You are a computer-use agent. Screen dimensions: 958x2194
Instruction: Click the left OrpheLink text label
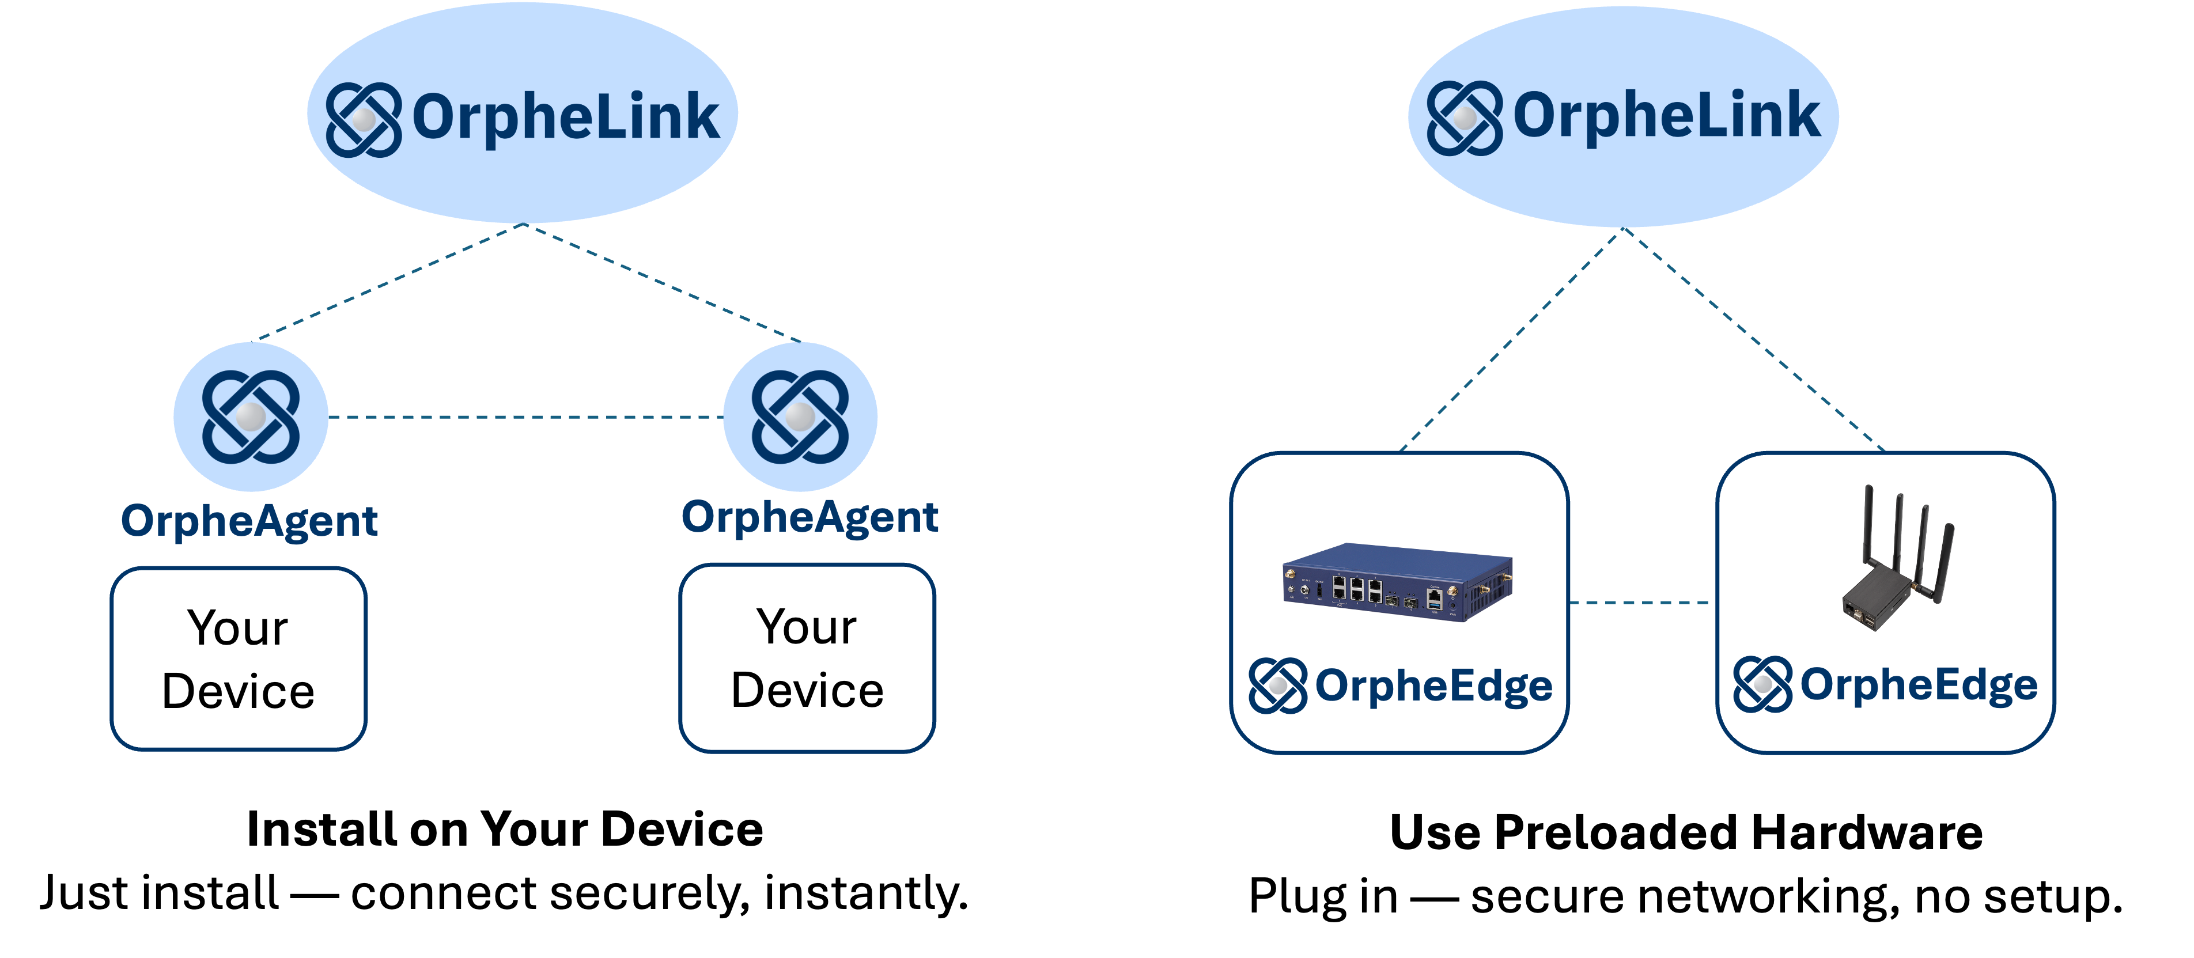[566, 118]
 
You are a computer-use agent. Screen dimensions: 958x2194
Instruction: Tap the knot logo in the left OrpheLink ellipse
[364, 119]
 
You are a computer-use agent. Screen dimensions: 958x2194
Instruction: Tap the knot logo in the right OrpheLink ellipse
[1464, 118]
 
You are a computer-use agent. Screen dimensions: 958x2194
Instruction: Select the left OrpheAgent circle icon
[251, 416]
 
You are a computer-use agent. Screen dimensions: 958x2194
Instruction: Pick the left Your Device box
[239, 659]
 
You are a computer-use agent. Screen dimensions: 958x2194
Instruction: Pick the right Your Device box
[807, 658]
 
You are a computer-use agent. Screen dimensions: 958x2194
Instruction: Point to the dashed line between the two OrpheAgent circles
[525, 416]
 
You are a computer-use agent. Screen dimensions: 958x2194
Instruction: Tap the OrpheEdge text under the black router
[1918, 684]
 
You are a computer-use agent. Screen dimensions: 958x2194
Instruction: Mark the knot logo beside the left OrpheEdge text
[1277, 686]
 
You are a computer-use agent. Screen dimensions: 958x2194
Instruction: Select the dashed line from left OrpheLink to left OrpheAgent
[392, 282]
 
